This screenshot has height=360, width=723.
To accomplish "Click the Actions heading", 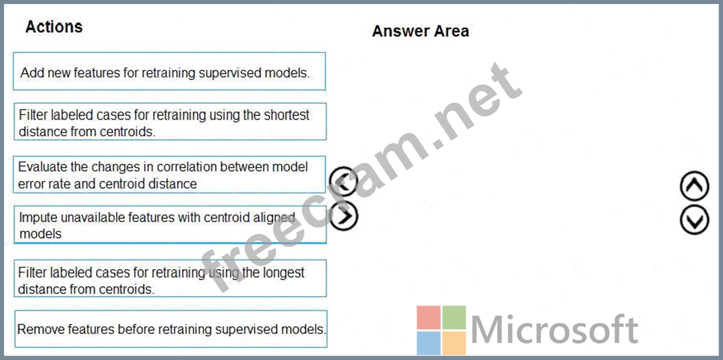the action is pos(54,27).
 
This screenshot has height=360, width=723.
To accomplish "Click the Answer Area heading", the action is pos(420,31).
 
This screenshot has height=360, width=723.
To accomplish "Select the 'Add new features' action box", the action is pos(169,72).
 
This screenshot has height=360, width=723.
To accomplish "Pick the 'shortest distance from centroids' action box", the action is pos(170,121).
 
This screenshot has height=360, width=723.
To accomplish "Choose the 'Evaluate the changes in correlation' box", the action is pos(169,175).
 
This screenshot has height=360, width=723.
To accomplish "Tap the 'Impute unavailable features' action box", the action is pos(170,225).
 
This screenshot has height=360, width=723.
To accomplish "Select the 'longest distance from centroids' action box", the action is pos(170,278).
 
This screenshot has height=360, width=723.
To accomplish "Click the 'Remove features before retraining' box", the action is pos(171,329).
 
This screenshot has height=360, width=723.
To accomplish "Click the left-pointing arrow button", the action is pos(343,181).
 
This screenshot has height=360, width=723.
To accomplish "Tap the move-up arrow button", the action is pos(694,185).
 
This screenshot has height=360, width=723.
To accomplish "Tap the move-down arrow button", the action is pos(694,220).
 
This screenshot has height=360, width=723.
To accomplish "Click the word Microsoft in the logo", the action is pos(554,329).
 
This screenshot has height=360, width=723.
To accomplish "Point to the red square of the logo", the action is pos(428,318).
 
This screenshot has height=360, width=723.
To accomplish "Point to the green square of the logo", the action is pos(454,318).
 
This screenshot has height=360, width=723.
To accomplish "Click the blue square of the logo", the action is pos(428,343).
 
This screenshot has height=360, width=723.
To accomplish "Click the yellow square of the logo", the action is pos(454,343).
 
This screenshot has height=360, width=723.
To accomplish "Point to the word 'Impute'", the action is pos(38,218).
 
